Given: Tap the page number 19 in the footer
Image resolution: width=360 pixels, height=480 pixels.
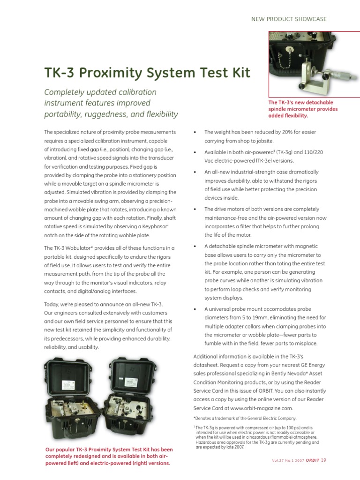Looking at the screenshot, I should (x=323, y=460).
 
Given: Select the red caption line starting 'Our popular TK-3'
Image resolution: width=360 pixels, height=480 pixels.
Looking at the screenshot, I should (x=109, y=450).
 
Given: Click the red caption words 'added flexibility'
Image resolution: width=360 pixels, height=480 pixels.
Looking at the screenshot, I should (x=288, y=115).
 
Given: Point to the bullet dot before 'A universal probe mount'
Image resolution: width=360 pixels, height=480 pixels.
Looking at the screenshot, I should (x=195, y=309).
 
